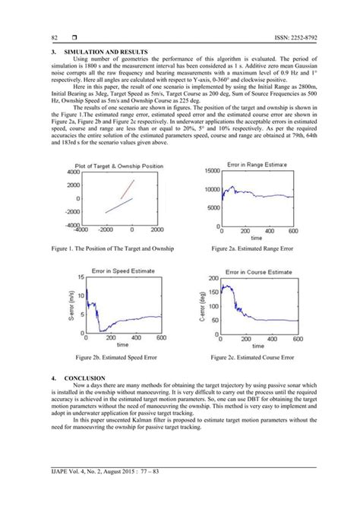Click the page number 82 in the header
[54, 37]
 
